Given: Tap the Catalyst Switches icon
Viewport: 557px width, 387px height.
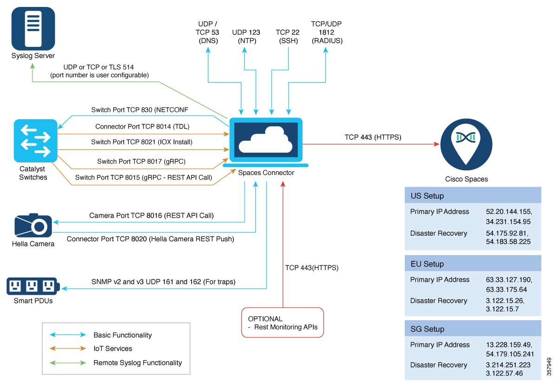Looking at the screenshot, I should coord(36,140).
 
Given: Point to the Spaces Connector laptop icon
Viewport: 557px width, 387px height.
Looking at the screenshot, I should coord(266,141).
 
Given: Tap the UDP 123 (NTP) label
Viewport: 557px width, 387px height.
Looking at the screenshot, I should coord(246,37).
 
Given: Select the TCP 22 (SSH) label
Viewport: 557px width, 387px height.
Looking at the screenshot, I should coord(287,37).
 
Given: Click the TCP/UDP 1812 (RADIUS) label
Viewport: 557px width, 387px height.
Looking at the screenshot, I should coord(327,32).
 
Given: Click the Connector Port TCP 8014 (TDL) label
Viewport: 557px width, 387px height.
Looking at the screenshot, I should coord(142,126).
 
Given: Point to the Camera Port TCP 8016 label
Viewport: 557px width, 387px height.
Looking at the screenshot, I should coord(151,215).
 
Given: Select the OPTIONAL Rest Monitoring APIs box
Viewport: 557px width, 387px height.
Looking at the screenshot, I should coord(282,322).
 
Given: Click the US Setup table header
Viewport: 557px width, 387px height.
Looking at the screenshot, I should coord(473,195).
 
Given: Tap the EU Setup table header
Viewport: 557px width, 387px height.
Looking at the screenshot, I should coord(473,264).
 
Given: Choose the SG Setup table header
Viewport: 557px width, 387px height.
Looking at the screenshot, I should coord(473,329).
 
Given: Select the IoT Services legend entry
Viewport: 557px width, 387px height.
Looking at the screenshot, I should coord(112,348).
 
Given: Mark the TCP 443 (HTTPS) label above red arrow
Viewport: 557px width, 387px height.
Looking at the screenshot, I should coord(373,137).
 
